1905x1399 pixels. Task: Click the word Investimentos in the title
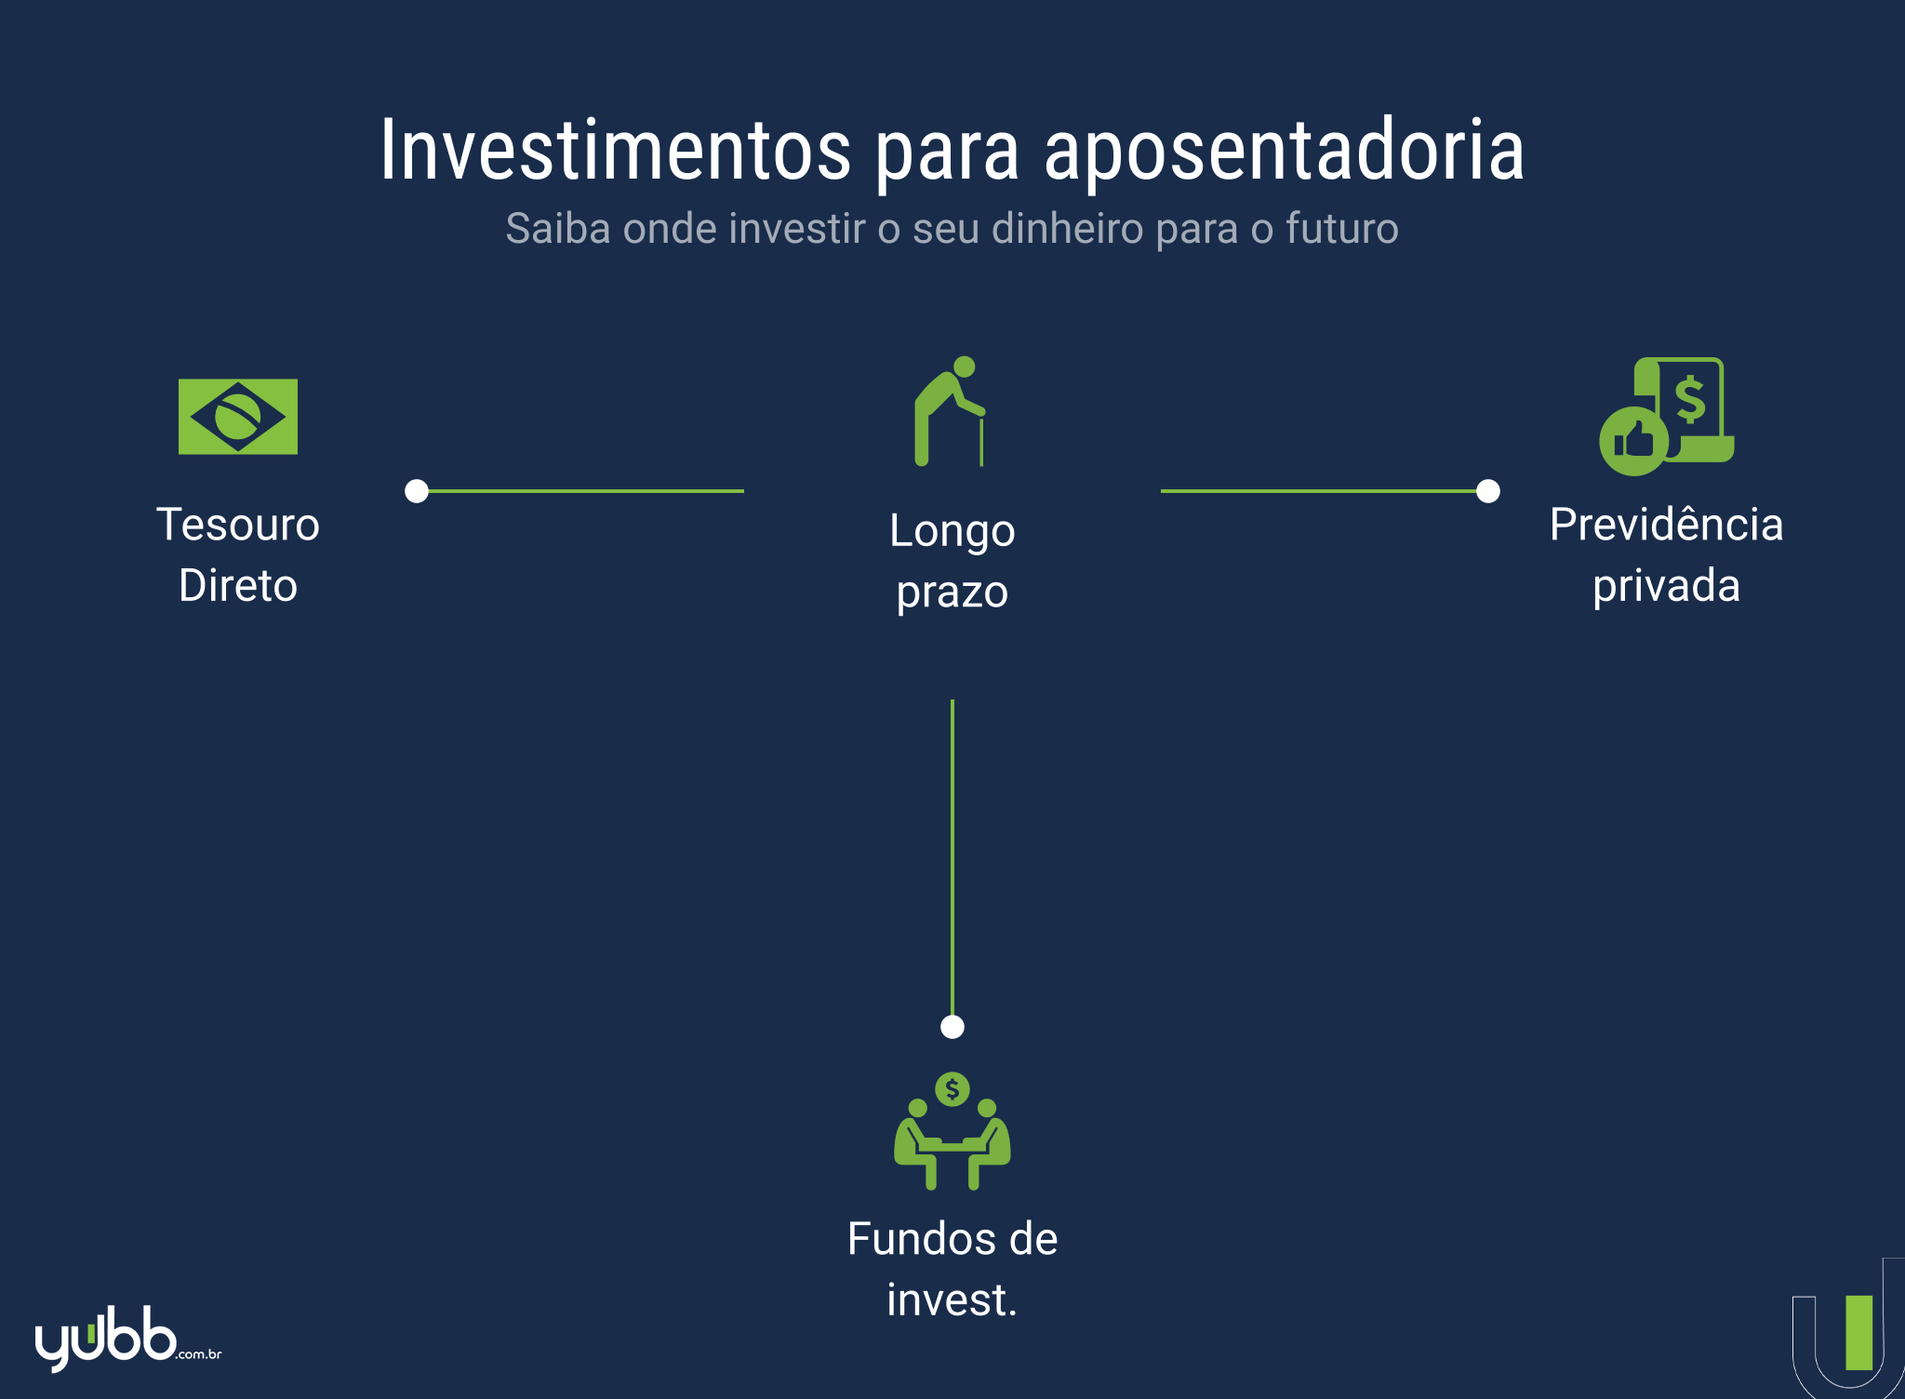coord(615,150)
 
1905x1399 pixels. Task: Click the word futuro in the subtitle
coord(1342,229)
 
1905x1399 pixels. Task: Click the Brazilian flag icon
coord(238,417)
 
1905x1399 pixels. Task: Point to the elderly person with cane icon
coord(950,411)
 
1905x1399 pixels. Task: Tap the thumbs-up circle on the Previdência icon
coord(1634,441)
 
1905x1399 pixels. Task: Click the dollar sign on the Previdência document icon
coord(1690,399)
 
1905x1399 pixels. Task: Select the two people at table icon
coord(952,1131)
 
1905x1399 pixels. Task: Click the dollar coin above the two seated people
coord(952,1088)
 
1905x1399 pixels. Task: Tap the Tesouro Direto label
coord(238,555)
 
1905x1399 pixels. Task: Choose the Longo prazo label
coord(952,561)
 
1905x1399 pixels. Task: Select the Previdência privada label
coord(1666,555)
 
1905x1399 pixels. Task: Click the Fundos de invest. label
coord(952,1270)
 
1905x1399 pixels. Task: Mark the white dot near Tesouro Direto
coord(417,491)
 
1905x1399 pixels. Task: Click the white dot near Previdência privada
coord(1488,491)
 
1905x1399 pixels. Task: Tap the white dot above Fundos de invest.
coord(952,1027)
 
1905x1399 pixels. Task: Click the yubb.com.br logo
coord(128,1338)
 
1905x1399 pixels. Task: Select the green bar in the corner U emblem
coord(1859,1332)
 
